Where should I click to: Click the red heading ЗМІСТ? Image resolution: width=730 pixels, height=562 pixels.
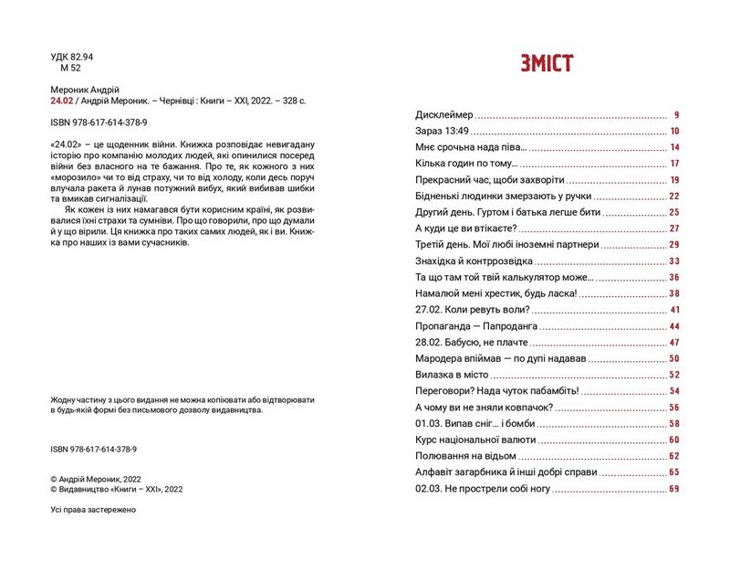pyautogui.click(x=547, y=63)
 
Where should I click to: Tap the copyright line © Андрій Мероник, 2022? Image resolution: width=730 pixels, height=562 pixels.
pyautogui.click(x=96, y=478)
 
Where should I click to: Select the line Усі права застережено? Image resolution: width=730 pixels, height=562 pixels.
pyautogui.click(x=94, y=510)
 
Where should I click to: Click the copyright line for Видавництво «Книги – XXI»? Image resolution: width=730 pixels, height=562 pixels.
pyautogui.click(x=118, y=490)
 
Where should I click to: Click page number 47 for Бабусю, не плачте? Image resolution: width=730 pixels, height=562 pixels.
pyautogui.click(x=674, y=343)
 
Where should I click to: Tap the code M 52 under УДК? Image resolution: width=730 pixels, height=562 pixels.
pyautogui.click(x=70, y=69)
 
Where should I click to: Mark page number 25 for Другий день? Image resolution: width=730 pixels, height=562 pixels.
pyautogui.click(x=674, y=213)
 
